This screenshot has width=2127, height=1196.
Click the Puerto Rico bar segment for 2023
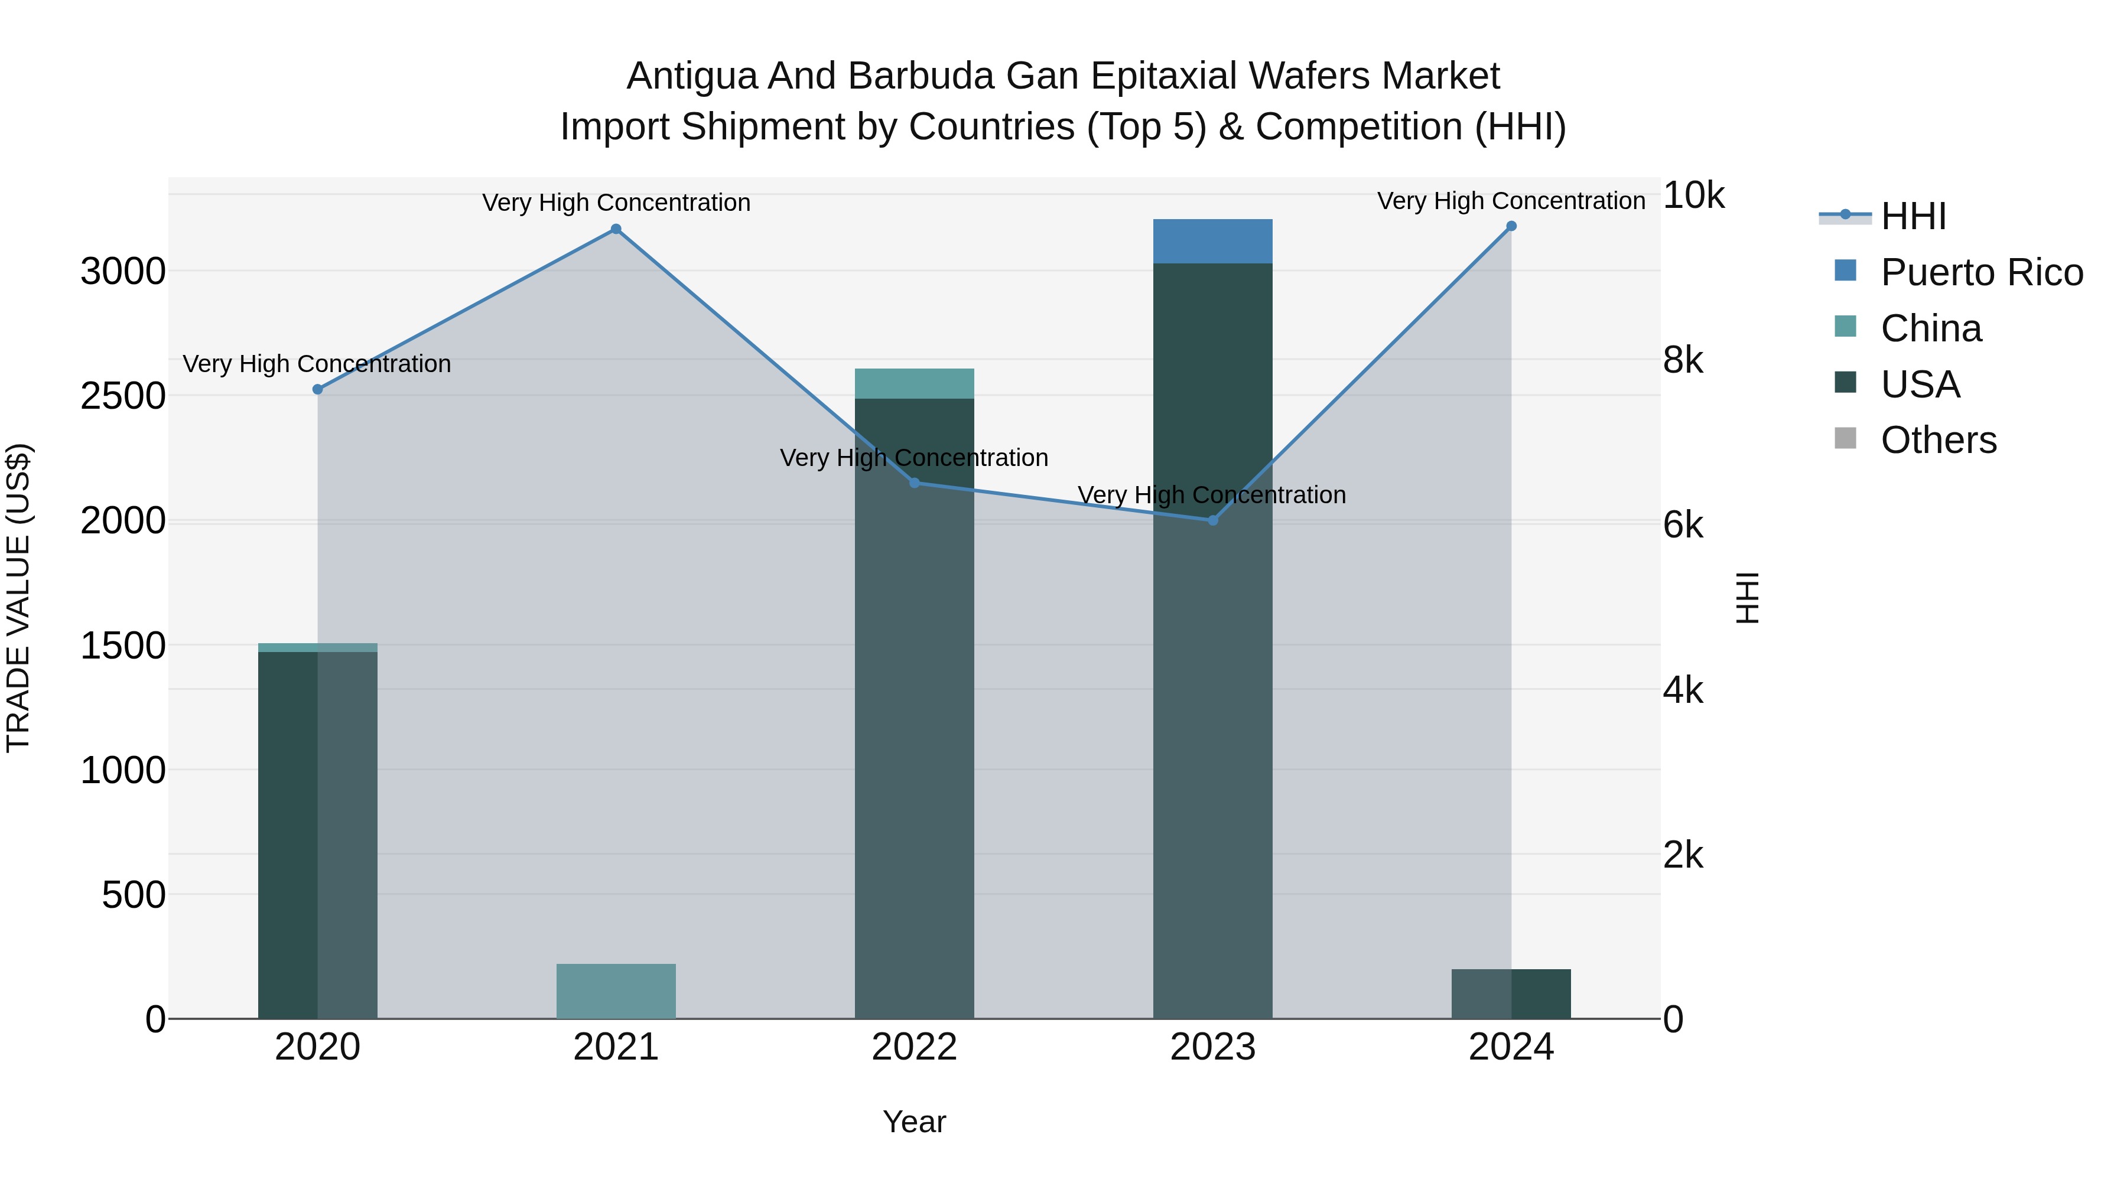click(1212, 241)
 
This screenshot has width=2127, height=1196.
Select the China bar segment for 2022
click(914, 384)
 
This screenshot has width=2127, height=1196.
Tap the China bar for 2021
click(616, 990)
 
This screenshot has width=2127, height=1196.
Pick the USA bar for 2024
click(1511, 994)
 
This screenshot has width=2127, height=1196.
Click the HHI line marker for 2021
click(616, 230)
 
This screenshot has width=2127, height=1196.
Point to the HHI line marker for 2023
click(1213, 520)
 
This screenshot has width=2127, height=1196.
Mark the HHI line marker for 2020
click(318, 390)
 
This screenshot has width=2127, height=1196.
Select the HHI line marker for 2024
click(1511, 226)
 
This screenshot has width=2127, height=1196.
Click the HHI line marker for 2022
click(915, 483)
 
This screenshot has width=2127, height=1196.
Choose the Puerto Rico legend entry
click(1982, 272)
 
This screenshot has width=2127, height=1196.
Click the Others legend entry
click(1938, 440)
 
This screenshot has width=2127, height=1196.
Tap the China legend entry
click(1930, 328)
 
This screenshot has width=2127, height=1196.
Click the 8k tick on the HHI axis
click(1683, 361)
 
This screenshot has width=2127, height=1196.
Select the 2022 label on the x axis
click(914, 1047)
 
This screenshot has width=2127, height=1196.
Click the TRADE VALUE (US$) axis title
click(18, 598)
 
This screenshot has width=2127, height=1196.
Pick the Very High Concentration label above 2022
click(914, 458)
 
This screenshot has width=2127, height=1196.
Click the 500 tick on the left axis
click(134, 895)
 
